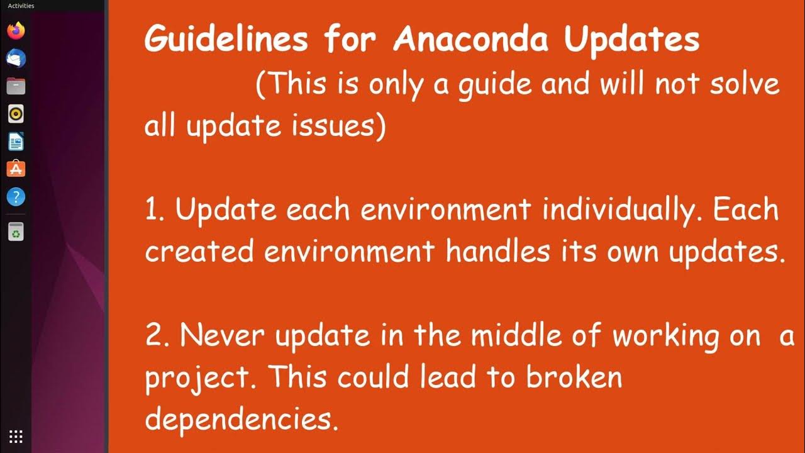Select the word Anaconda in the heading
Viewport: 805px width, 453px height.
tap(470, 40)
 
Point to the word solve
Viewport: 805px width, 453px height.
tap(745, 84)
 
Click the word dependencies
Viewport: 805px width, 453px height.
tap(241, 420)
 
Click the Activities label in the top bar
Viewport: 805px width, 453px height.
tap(21, 6)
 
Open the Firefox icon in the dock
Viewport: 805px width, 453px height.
tap(16, 30)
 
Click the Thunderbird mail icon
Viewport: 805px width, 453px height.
tap(16, 58)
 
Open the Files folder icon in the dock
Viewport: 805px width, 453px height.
tap(16, 86)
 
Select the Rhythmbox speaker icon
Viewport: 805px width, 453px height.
tap(16, 114)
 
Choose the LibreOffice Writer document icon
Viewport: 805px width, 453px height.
tap(16, 142)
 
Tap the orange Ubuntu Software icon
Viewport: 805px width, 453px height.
tap(16, 169)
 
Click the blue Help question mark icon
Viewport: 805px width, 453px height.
tap(16, 197)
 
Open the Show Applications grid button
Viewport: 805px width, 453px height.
tap(16, 436)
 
